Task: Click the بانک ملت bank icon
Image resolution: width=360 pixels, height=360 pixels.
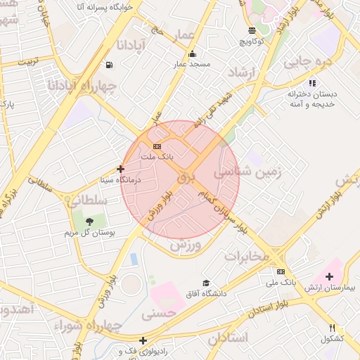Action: (x=157, y=146)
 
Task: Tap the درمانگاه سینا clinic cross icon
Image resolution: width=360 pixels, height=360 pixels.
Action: (x=121, y=169)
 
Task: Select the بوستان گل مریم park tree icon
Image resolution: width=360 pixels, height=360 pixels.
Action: (x=89, y=222)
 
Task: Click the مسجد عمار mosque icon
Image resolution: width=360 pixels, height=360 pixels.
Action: (x=192, y=54)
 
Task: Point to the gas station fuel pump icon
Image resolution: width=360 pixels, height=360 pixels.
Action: (x=110, y=65)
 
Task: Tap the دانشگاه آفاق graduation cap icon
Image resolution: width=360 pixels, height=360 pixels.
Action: (x=206, y=283)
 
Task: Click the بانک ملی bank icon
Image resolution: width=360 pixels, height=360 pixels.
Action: (x=281, y=271)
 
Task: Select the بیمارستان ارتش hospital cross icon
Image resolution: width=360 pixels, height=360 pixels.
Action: (x=329, y=276)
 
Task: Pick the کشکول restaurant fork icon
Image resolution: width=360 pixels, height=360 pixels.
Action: (x=333, y=328)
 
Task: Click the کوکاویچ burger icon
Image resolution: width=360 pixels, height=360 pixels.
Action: (x=252, y=30)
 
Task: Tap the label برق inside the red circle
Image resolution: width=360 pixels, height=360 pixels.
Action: (x=185, y=177)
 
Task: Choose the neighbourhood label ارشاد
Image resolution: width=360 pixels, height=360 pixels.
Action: (x=244, y=72)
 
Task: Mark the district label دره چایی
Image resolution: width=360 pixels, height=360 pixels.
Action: (x=307, y=62)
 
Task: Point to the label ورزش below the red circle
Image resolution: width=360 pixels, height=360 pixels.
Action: (x=186, y=245)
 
